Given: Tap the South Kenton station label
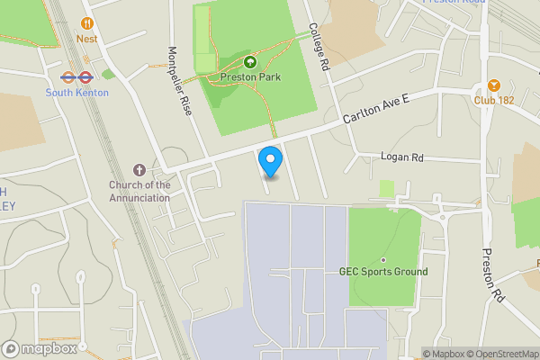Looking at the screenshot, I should click(78, 93).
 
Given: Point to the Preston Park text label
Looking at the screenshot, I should click(250, 77).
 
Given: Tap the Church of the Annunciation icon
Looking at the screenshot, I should click(139, 169).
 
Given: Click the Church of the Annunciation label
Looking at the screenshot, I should click(139, 192).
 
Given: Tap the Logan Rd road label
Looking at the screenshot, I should click(401, 157).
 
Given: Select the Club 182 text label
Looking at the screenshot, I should click(494, 100).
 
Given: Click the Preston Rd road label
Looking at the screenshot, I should click(492, 274).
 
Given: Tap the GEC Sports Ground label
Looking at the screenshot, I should click(382, 272).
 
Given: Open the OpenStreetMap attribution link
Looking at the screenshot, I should click(501, 354).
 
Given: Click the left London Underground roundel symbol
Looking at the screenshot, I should click(67, 76).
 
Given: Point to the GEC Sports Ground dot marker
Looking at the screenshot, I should click(382, 260).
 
